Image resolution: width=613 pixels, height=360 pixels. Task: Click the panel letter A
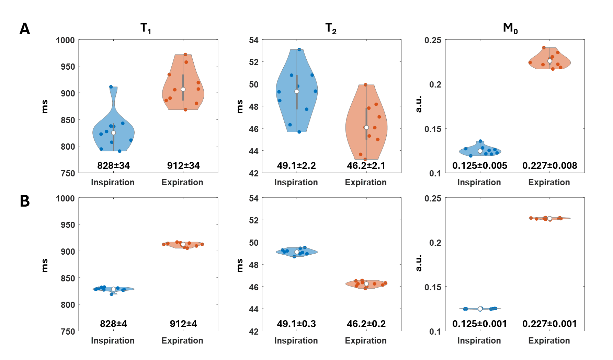(25, 29)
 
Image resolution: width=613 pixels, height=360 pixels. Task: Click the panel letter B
(25, 201)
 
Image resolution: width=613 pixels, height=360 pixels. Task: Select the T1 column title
(146, 28)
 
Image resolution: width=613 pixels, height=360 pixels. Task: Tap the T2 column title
(331, 28)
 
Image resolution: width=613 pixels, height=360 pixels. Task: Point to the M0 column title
(510, 28)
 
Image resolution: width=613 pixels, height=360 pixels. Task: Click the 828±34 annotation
(113, 166)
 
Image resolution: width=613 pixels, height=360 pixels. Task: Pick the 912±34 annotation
(183, 166)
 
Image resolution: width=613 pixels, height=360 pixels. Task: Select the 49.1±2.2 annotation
(296, 166)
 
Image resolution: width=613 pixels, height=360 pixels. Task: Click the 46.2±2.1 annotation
(366, 166)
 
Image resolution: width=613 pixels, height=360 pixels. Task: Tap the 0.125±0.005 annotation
(480, 166)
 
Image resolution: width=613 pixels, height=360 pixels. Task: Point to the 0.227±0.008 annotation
(549, 166)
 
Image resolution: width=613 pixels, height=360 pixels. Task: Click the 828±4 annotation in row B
(113, 324)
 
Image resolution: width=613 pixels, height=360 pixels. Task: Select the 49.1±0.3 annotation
(296, 324)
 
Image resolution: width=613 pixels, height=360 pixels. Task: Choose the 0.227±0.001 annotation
(549, 324)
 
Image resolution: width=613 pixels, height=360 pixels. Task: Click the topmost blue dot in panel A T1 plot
(111, 87)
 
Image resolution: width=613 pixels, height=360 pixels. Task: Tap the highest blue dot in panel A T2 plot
(299, 49)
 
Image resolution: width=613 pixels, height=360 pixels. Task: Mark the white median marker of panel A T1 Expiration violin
(183, 89)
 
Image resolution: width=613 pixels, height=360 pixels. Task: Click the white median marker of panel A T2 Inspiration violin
(297, 92)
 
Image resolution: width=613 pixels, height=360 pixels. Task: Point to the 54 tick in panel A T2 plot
(254, 40)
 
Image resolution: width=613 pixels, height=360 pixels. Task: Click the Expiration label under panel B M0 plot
(549, 341)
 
